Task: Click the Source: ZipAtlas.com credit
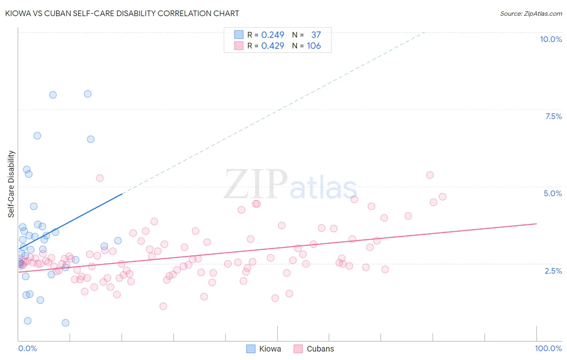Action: (x=531, y=13)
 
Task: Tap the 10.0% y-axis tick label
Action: (x=550, y=39)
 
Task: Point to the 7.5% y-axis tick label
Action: (x=553, y=116)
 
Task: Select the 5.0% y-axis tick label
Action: (x=552, y=193)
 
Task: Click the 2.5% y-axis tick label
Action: (x=553, y=271)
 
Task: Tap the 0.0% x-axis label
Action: (x=27, y=348)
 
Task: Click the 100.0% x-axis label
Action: (x=548, y=348)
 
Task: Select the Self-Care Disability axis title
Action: (x=11, y=184)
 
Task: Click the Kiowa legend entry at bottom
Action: (x=264, y=349)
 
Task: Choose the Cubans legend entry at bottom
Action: (x=314, y=349)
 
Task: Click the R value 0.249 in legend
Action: (x=273, y=35)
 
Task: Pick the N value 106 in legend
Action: (x=314, y=46)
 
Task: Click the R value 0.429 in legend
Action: (x=273, y=46)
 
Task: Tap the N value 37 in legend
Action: (x=316, y=35)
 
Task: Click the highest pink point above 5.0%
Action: (x=430, y=175)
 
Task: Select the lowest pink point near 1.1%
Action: (x=163, y=306)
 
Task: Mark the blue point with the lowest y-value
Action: (x=65, y=323)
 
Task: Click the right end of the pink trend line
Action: (x=536, y=224)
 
